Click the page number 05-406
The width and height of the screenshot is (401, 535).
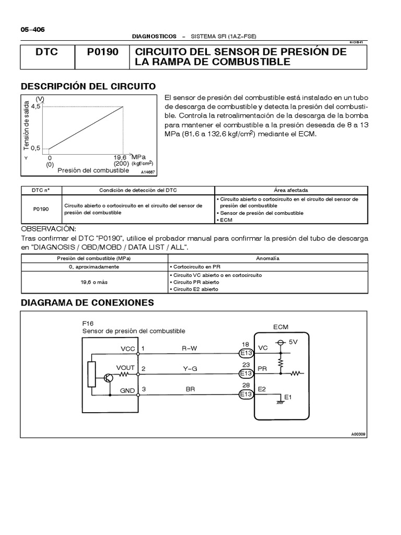pos(32,30)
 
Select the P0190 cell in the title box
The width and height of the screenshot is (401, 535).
pos(103,52)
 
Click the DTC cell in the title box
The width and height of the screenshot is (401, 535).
pos(48,52)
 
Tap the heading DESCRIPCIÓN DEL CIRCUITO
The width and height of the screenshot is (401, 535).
pos(88,86)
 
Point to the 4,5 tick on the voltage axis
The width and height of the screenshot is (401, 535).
pos(35,106)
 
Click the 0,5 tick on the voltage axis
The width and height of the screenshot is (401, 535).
pos(35,149)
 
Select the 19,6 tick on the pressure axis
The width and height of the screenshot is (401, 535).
pos(121,157)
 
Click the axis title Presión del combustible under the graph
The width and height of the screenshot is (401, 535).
pos(93,170)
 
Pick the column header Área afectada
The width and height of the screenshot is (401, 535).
pos(291,190)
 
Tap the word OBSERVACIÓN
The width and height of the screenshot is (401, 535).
pos(49,229)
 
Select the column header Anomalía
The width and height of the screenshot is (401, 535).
pos(268,258)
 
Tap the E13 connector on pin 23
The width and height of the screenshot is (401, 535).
pos(245,374)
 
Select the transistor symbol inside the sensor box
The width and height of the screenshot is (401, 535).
pos(109,378)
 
